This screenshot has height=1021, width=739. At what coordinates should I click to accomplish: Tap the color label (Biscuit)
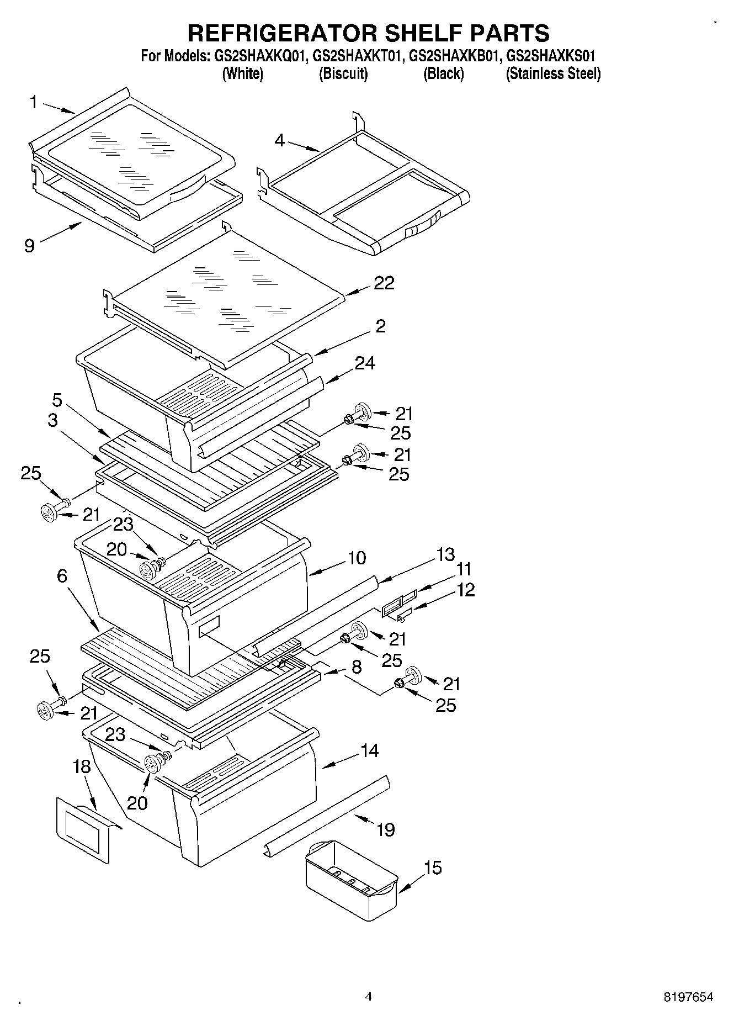(343, 74)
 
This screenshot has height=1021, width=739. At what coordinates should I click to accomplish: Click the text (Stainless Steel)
(553, 74)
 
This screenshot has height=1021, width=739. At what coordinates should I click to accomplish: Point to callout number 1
(34, 103)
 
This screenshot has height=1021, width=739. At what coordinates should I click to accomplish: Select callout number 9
(30, 245)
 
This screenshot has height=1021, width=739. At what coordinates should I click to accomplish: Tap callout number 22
(384, 283)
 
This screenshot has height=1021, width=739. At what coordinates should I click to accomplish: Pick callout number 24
(365, 363)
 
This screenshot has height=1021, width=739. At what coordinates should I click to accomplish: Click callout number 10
(357, 558)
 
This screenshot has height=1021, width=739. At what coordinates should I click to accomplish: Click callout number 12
(466, 590)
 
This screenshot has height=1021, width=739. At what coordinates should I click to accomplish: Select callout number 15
(433, 868)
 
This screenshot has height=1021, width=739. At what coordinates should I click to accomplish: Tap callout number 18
(82, 766)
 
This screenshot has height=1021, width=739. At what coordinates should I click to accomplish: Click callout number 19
(386, 829)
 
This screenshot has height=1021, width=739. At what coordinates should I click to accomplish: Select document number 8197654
(688, 997)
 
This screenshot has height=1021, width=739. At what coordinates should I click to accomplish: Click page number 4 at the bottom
(369, 997)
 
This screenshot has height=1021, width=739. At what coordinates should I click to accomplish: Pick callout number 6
(62, 576)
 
